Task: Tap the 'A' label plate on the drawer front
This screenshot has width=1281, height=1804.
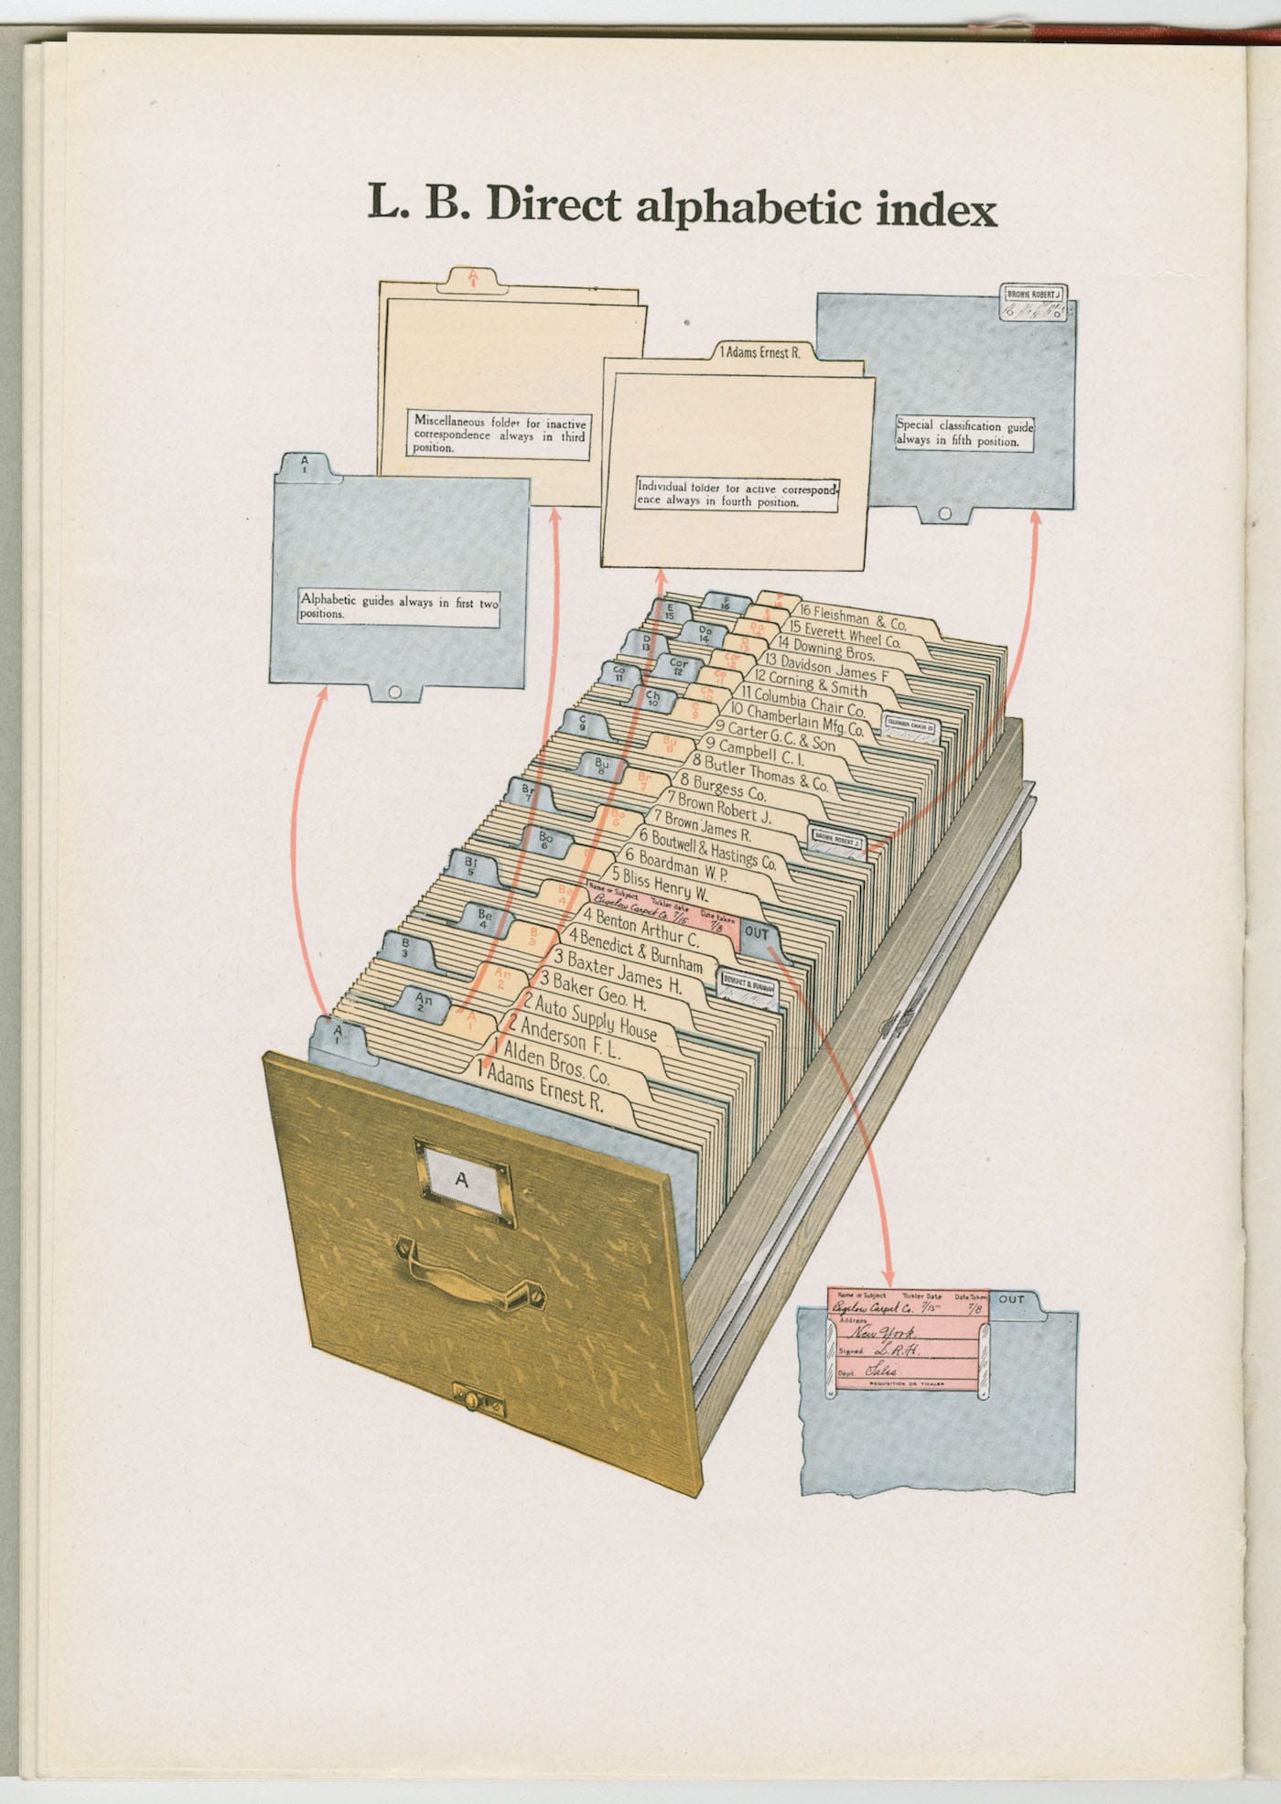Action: [x=463, y=1179]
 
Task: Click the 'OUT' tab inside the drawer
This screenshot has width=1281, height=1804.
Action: [x=757, y=934]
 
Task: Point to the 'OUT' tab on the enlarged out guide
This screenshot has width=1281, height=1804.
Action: [x=1012, y=1299]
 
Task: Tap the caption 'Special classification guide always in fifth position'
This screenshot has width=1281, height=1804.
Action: [x=964, y=433]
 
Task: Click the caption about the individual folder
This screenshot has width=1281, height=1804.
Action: [x=737, y=494]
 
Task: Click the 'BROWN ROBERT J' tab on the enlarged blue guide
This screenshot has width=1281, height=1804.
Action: [x=1033, y=295]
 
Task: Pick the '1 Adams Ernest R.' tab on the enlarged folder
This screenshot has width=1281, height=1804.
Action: [x=759, y=352]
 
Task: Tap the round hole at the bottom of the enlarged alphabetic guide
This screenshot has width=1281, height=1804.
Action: [x=394, y=692]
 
